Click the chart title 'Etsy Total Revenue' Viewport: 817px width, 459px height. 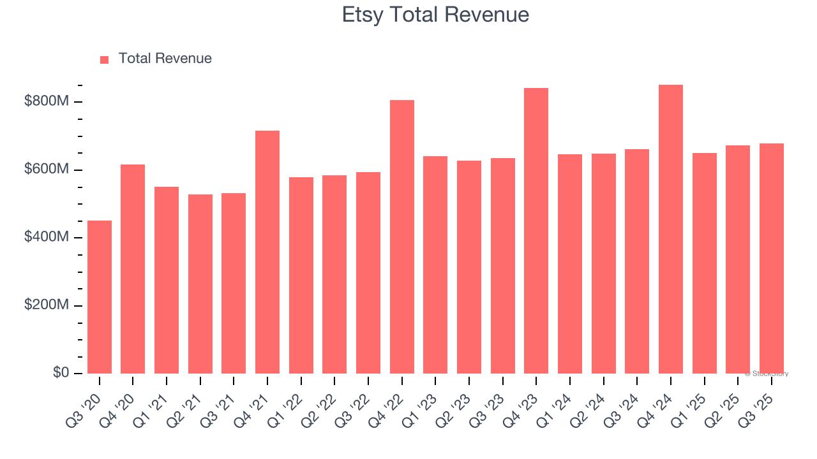pyautogui.click(x=435, y=15)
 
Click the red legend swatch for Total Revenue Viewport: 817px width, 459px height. pyautogui.click(x=105, y=59)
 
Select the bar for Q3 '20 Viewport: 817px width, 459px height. pyautogui.click(x=100, y=297)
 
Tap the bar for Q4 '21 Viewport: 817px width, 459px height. pyautogui.click(x=267, y=252)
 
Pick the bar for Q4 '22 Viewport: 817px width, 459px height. pyautogui.click(x=402, y=237)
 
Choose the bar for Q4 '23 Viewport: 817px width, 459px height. pyautogui.click(x=536, y=231)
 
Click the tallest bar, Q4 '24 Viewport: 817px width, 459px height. pyautogui.click(x=671, y=229)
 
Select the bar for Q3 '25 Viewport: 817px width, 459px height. pyautogui.click(x=772, y=258)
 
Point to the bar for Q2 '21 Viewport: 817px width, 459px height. pyautogui.click(x=200, y=284)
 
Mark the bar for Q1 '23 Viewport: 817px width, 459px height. pyautogui.click(x=435, y=265)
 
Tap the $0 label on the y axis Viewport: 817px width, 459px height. pyautogui.click(x=61, y=373)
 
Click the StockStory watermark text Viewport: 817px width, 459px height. pyautogui.click(x=767, y=374)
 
